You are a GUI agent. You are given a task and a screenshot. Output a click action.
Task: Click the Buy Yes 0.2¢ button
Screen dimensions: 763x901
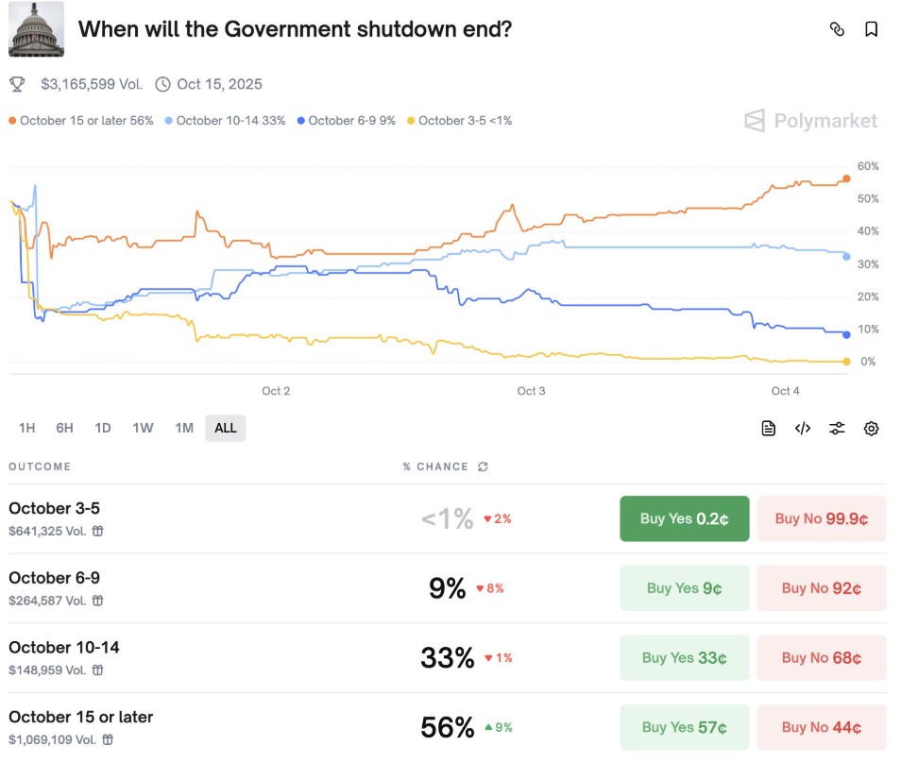684,518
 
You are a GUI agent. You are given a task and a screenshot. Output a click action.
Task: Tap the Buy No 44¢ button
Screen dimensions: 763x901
821,727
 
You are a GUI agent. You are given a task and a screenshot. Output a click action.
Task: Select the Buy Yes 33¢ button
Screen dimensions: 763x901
684,658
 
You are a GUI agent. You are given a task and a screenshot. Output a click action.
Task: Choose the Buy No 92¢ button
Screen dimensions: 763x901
821,588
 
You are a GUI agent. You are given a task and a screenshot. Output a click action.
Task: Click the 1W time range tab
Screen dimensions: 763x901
143,428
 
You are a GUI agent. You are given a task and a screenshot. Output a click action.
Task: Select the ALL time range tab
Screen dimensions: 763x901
226,428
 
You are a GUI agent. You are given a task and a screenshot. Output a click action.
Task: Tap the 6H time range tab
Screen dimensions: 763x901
64,428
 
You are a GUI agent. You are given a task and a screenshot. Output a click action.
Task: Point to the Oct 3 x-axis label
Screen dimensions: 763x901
531,391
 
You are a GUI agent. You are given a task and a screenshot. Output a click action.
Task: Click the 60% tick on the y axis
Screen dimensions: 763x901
868,166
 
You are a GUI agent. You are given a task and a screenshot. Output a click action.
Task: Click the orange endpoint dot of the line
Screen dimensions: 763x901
846,178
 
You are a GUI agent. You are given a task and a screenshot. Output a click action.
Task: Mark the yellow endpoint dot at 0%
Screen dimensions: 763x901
846,362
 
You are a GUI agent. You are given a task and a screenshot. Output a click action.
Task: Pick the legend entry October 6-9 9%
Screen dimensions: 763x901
346,121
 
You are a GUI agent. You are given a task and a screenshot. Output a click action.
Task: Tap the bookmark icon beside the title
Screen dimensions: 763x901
871,29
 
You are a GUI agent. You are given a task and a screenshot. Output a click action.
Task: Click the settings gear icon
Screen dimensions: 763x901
871,429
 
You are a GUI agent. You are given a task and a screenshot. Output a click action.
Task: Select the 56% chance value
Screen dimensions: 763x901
448,727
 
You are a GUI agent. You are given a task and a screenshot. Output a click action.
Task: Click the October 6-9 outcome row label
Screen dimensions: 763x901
55,578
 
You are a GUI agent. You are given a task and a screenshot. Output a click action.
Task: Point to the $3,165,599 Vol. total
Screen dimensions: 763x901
92,84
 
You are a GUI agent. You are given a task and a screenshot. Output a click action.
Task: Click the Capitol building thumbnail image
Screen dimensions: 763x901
37,29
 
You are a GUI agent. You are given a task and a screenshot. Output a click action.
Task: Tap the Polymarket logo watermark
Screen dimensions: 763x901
810,121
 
